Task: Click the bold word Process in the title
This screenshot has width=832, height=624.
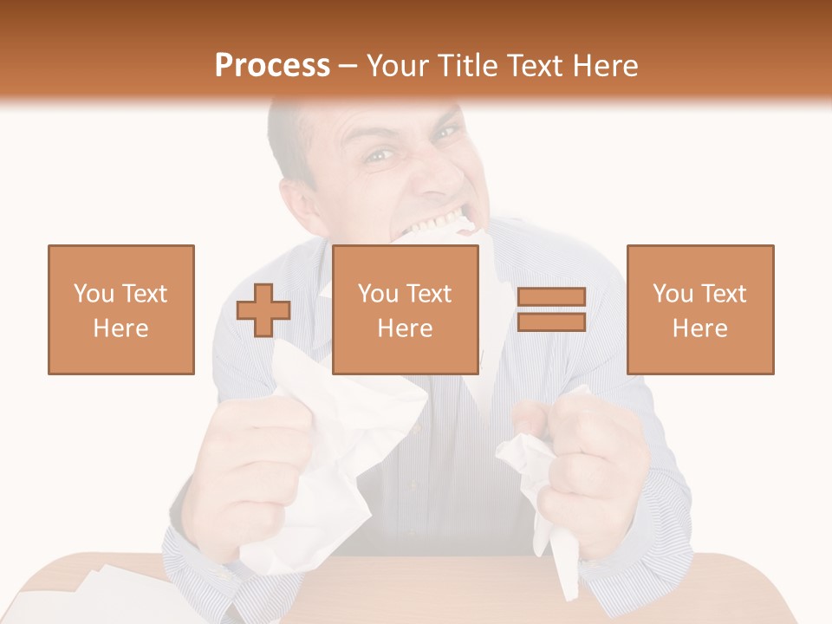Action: pos(272,66)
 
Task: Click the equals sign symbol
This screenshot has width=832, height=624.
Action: pos(551,309)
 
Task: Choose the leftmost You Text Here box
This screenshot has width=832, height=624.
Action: pos(121,309)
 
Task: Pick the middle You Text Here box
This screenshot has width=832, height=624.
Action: pos(406,309)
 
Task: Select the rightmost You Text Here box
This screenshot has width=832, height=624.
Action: pos(700,309)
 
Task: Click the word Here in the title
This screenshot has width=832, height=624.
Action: pos(606,66)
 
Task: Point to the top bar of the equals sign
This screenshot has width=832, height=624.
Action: pos(551,296)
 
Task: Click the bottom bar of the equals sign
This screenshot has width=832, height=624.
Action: pos(551,322)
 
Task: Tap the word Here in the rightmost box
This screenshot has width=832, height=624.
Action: pos(700,328)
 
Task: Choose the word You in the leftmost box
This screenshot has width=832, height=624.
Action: pos(93,294)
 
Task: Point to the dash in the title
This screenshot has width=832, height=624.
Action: pos(348,66)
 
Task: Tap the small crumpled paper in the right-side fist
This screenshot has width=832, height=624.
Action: pos(542,485)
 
